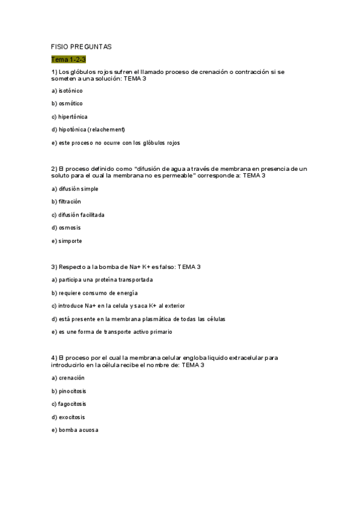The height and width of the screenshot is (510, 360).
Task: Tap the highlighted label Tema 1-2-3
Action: pyautogui.click(x=69, y=59)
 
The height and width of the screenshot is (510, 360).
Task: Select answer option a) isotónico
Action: pyautogui.click(x=67, y=91)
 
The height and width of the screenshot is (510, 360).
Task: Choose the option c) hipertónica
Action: pyautogui.click(x=70, y=117)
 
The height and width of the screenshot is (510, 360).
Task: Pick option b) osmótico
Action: pyautogui.click(x=67, y=103)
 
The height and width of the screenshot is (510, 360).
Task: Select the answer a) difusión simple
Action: pyautogui.click(x=75, y=189)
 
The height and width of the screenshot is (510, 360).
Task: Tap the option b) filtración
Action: pyautogui.click(x=66, y=201)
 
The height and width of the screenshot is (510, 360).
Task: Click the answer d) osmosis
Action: pyautogui.click(x=66, y=228)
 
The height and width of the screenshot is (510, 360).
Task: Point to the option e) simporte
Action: pyautogui.click(x=67, y=241)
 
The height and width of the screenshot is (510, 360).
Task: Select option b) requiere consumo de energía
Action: pyautogui.click(x=94, y=293)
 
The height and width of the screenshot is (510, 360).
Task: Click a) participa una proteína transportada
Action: pyautogui.click(x=102, y=280)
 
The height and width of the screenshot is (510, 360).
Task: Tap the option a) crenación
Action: pyautogui.click(x=68, y=378)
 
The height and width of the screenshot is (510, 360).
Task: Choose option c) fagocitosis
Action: pyautogui.click(x=70, y=404)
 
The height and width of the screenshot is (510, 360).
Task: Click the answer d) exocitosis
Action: pyautogui.click(x=69, y=417)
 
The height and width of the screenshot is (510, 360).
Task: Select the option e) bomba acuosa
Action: pyautogui.click(x=75, y=430)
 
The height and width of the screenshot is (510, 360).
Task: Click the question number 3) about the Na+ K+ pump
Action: pyautogui.click(x=54, y=266)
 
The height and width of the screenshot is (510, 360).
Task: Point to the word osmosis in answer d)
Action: pyautogui.click(x=70, y=228)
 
